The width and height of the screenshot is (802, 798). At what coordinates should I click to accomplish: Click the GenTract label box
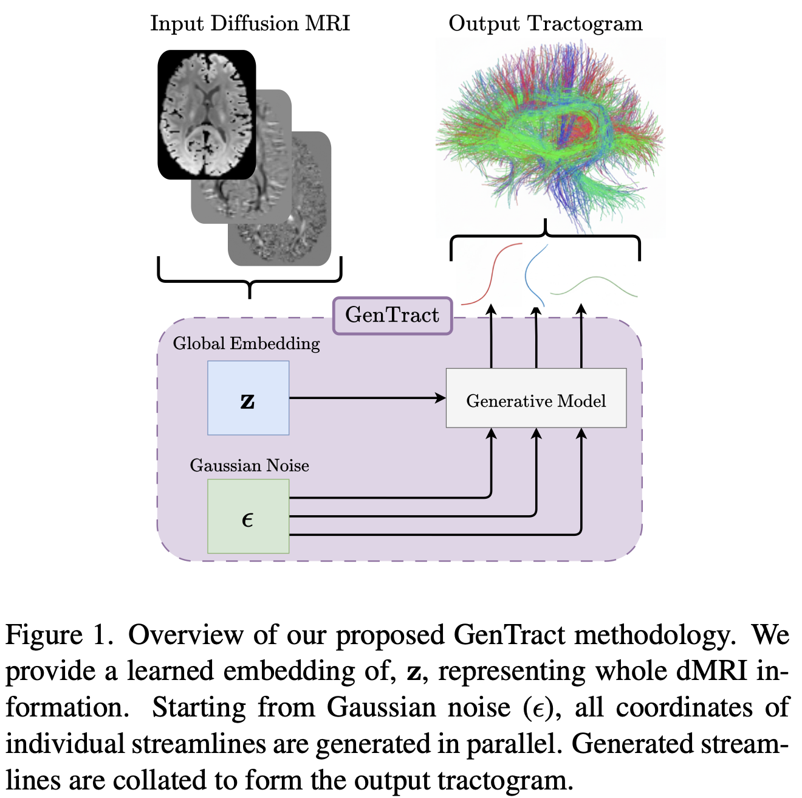pyautogui.click(x=392, y=316)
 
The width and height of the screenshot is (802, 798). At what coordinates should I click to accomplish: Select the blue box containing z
pyautogui.click(x=248, y=398)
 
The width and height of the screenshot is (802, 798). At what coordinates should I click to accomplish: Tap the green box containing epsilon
pyautogui.click(x=248, y=516)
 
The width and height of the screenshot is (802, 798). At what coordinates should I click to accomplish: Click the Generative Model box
pyautogui.click(x=536, y=398)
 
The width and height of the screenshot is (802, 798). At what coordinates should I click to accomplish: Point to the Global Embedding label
pyautogui.click(x=246, y=344)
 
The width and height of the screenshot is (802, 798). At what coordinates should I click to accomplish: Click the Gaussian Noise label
pyautogui.click(x=249, y=466)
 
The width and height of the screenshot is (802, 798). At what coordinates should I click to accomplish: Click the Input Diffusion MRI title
pyautogui.click(x=250, y=24)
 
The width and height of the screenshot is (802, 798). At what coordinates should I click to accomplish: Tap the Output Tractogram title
pyautogui.click(x=545, y=24)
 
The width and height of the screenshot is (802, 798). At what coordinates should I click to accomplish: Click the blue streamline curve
pyautogui.click(x=533, y=274)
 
